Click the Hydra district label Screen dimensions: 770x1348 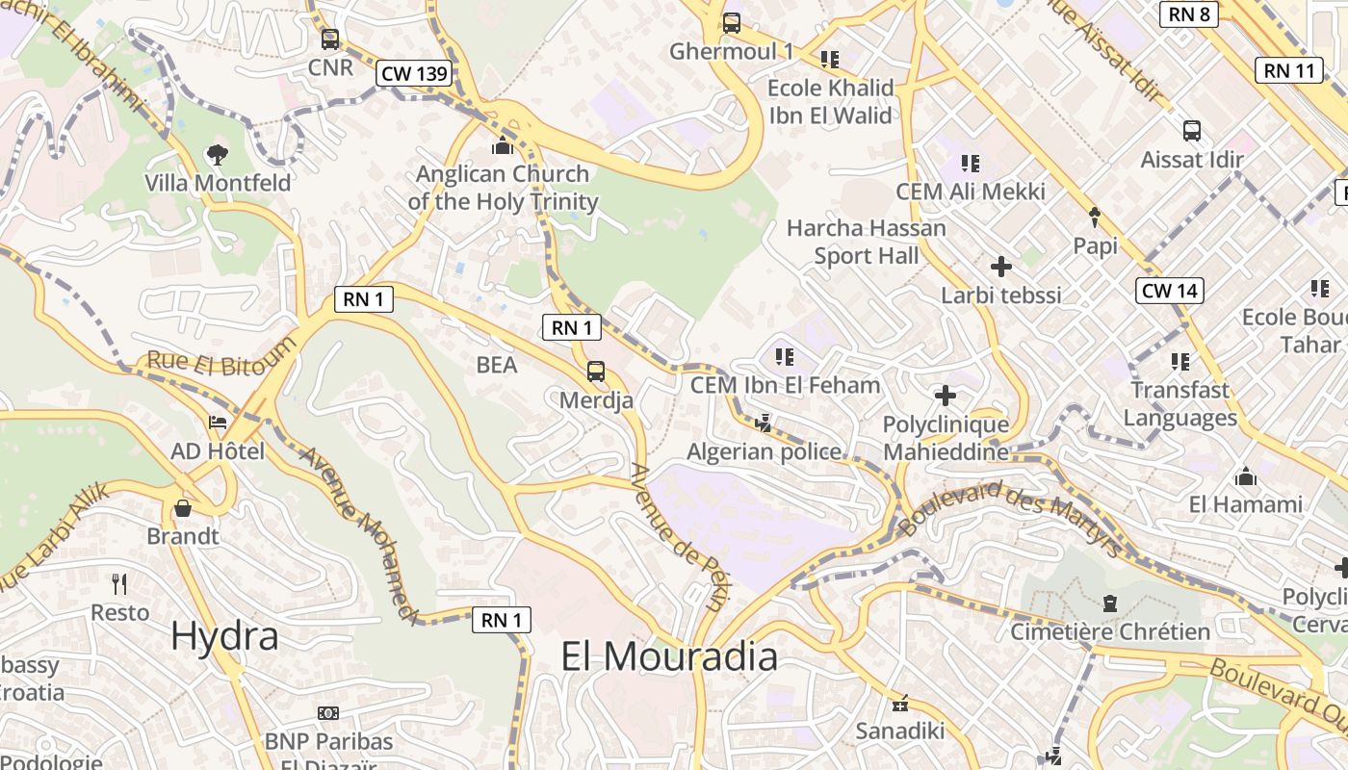(x=224, y=636)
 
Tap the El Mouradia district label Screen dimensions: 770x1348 (x=669, y=656)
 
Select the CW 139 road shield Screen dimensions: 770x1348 (x=414, y=73)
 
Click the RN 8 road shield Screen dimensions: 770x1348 (x=1189, y=13)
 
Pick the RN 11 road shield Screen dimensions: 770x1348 (x=1288, y=70)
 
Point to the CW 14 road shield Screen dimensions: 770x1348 (x=1170, y=291)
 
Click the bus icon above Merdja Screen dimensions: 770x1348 (x=596, y=371)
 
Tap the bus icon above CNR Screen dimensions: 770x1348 (x=330, y=39)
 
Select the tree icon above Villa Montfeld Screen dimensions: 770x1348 (x=218, y=154)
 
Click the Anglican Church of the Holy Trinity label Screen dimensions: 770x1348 (x=502, y=188)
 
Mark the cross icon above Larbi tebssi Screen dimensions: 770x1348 (x=1001, y=266)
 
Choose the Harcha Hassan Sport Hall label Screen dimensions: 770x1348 (x=866, y=242)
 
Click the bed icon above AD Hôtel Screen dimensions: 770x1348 (x=218, y=423)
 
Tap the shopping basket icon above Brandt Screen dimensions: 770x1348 (x=183, y=508)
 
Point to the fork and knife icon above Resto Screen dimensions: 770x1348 (x=119, y=583)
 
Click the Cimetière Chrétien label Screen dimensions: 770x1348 (x=1109, y=631)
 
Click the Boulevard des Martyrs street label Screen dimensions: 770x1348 (x=1010, y=519)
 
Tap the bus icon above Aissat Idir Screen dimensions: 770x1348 (x=1191, y=131)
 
